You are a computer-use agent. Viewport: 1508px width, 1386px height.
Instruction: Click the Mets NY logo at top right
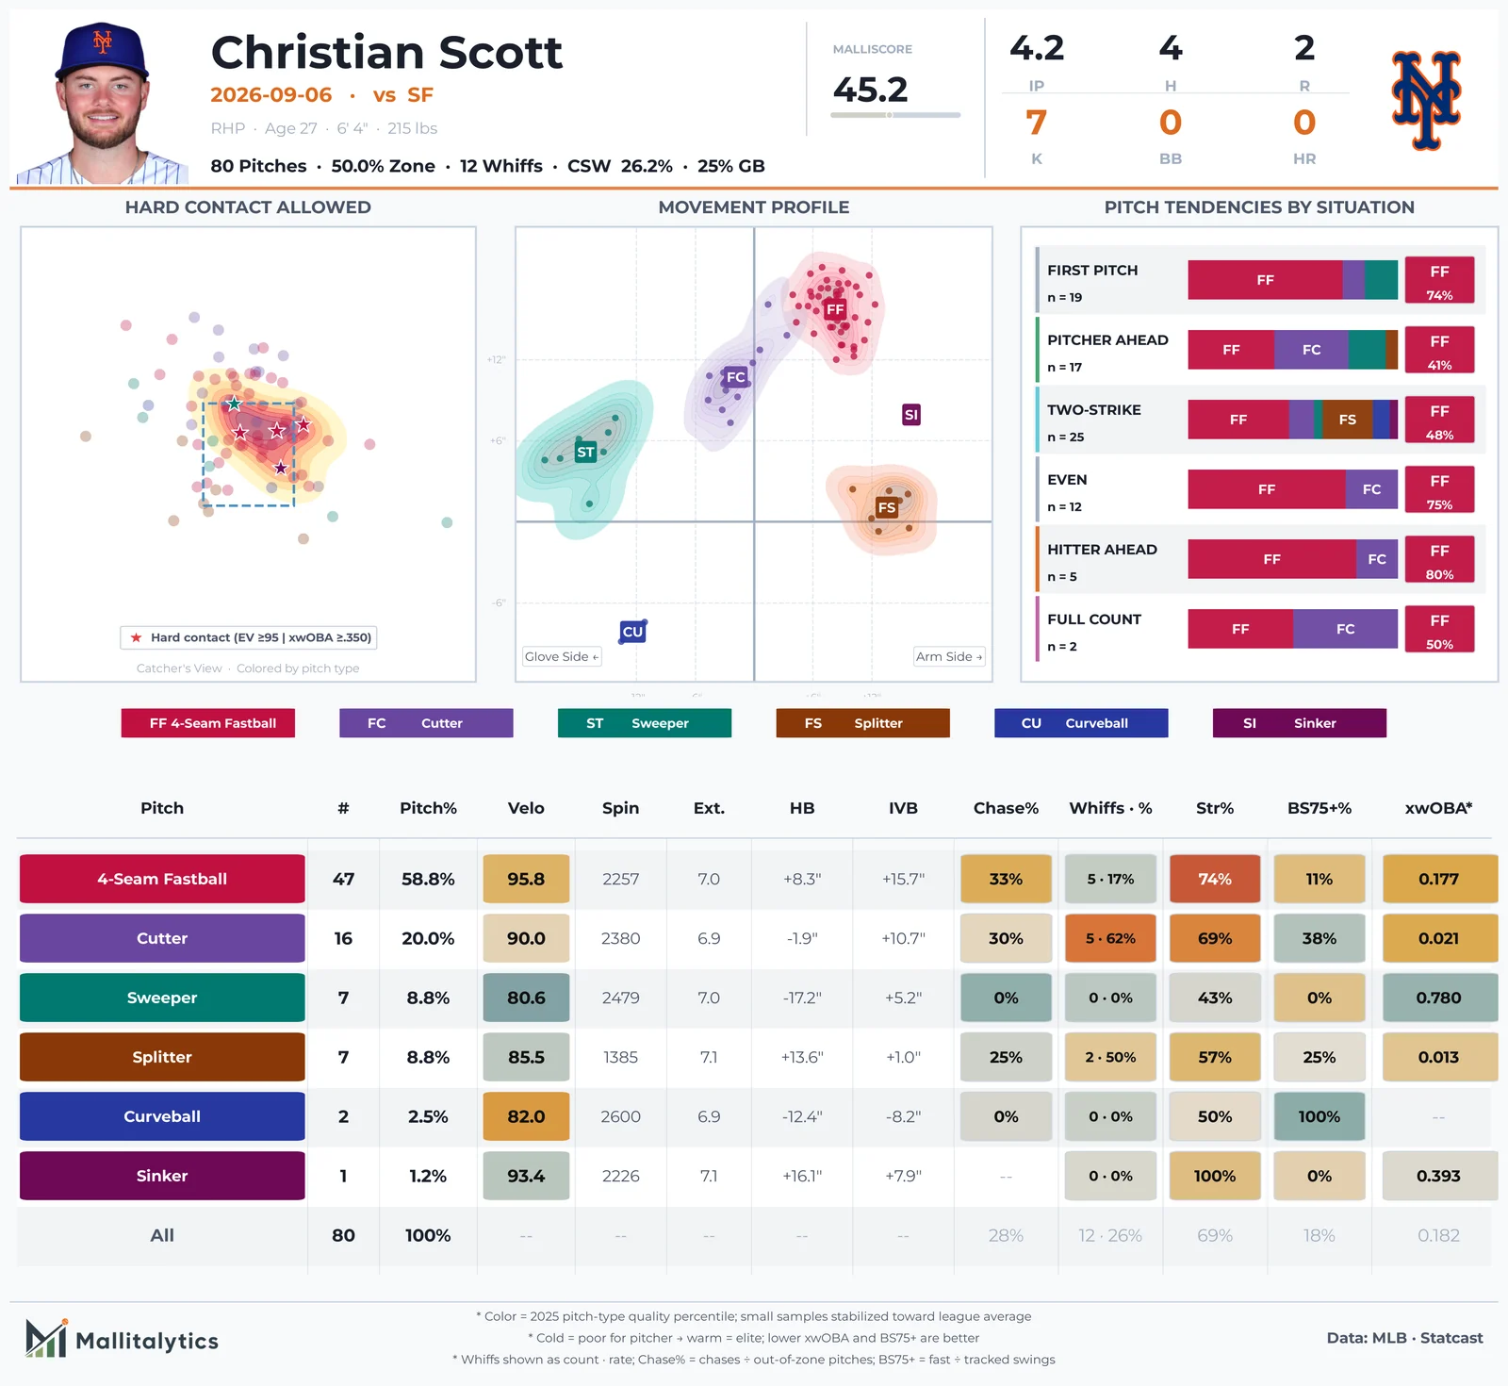(x=1426, y=100)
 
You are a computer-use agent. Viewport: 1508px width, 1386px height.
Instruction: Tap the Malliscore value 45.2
(x=870, y=90)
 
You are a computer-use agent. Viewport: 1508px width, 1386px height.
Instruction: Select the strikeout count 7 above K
(x=1036, y=123)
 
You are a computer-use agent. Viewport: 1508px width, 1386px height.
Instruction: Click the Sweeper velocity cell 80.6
(x=526, y=998)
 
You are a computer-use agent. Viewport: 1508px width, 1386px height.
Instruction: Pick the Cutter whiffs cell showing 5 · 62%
(x=1110, y=938)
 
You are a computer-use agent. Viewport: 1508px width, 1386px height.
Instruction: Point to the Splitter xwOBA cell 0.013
(x=1438, y=1057)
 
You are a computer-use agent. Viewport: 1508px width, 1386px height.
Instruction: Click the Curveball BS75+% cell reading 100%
(x=1319, y=1116)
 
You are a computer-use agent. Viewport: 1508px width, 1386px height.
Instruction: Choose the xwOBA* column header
(x=1438, y=808)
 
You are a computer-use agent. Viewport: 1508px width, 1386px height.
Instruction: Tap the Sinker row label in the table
(x=162, y=1176)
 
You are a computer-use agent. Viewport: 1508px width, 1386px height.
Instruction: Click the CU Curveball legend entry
(x=1081, y=723)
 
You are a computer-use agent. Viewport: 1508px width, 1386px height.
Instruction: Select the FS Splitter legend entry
(x=862, y=723)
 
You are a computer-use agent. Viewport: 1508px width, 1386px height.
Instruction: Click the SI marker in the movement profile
(x=910, y=415)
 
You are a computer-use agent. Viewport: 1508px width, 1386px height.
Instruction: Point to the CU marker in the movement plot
(x=632, y=632)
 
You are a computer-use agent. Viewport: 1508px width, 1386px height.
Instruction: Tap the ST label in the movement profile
(x=585, y=453)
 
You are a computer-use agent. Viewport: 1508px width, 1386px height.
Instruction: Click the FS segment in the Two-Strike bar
(x=1348, y=420)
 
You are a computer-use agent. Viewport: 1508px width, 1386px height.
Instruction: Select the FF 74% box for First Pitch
(x=1439, y=280)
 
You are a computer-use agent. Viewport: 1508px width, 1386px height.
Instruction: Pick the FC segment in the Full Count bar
(x=1345, y=629)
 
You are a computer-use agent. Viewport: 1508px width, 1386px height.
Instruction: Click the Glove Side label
(x=562, y=656)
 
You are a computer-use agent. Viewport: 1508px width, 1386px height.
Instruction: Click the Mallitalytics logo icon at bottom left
(x=46, y=1339)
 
